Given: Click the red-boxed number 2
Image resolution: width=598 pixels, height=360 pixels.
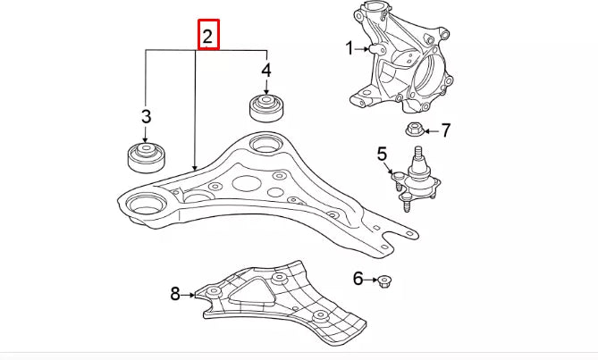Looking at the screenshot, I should tap(207, 37).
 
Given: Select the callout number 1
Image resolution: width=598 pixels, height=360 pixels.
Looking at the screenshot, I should tap(350, 49).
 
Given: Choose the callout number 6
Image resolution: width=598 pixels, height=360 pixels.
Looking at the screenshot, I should tap(358, 279).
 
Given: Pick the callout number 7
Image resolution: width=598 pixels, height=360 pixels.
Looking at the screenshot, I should tap(445, 130).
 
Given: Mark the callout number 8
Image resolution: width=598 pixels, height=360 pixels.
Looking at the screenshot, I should tap(175, 292).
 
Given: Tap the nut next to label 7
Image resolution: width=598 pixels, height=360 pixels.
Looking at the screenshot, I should tap(414, 131).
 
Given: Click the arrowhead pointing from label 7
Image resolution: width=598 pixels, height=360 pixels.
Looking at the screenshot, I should tap(426, 131).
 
